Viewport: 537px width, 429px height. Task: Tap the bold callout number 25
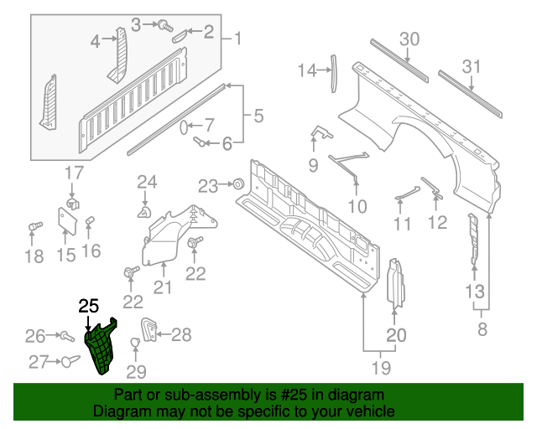(x=88, y=306)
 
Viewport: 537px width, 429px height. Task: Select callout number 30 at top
(x=409, y=39)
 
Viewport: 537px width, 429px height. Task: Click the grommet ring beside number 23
(x=237, y=183)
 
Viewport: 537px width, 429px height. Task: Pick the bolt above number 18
(x=34, y=227)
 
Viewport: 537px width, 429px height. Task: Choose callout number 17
(x=75, y=174)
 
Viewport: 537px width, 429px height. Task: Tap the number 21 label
(x=162, y=288)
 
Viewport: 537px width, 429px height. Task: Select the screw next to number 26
(x=64, y=336)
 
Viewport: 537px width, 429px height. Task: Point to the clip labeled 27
(x=68, y=361)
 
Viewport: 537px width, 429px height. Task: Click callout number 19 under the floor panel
(x=382, y=367)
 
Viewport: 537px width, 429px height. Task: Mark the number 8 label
(x=482, y=329)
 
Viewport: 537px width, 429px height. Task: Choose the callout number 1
(x=237, y=39)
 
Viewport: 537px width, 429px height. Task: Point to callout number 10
(x=357, y=205)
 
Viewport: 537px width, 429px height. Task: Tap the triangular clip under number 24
(x=144, y=214)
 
